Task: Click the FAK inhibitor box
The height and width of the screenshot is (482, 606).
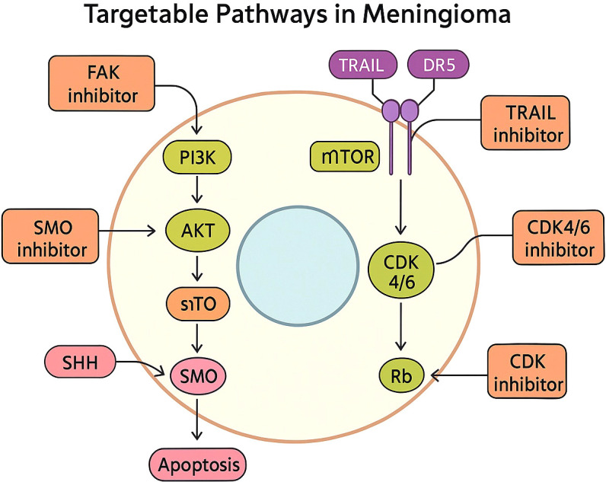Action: tap(102, 84)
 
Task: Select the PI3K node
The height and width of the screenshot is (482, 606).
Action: tap(198, 158)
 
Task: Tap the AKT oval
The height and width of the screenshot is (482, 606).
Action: tap(197, 231)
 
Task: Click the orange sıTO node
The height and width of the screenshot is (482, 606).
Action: tap(198, 304)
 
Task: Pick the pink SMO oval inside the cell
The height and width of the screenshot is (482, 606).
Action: tap(198, 376)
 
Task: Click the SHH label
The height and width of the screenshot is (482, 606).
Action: tap(80, 362)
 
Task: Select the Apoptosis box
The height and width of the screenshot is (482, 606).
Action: tap(198, 464)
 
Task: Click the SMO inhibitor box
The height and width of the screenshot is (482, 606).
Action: tap(51, 236)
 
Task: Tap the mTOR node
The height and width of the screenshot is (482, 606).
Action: tap(345, 157)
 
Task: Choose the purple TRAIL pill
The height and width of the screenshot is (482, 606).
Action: tap(363, 64)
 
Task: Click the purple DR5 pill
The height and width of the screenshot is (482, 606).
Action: tap(439, 64)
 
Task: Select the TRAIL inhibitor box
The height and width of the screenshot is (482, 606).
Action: tap(525, 123)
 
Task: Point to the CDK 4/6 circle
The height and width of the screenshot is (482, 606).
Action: tap(401, 272)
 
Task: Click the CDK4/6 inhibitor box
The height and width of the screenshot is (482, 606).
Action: tap(559, 238)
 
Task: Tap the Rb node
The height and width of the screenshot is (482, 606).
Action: tap(401, 375)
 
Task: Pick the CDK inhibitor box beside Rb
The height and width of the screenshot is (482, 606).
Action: tap(527, 371)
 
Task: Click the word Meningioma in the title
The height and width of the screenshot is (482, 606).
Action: tap(437, 14)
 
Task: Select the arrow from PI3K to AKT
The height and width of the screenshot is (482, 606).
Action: tap(197, 190)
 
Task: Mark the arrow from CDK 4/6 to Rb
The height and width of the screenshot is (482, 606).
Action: tap(400, 326)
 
